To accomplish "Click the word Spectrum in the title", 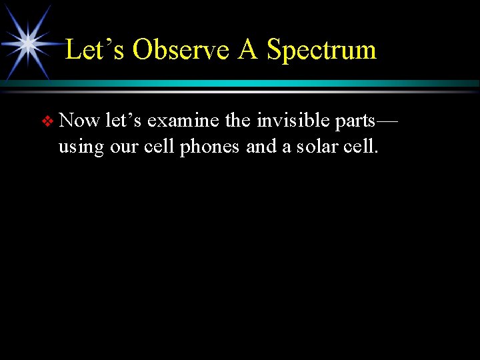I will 321,50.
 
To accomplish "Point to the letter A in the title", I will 247,50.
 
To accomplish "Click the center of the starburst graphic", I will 29,43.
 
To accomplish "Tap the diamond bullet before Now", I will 47,122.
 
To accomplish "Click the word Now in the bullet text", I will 79,121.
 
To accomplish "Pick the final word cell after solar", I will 360,146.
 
